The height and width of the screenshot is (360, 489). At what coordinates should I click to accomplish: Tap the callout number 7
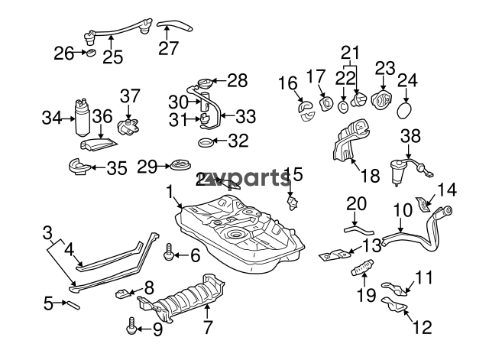pyautogui.click(x=206, y=329)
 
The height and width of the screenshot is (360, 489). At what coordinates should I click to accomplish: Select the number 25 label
pyautogui.click(x=112, y=57)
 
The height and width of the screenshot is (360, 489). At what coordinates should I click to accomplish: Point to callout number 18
pyautogui.click(x=369, y=176)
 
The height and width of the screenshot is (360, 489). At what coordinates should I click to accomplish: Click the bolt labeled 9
pyautogui.click(x=131, y=328)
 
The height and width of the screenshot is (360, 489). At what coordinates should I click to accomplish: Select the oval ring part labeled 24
pyautogui.click(x=406, y=112)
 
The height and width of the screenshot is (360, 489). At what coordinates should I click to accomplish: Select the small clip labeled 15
pyautogui.click(x=293, y=201)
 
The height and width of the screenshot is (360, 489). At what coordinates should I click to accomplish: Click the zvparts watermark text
pyautogui.click(x=245, y=180)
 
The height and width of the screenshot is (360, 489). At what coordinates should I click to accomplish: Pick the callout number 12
pyautogui.click(x=422, y=328)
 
